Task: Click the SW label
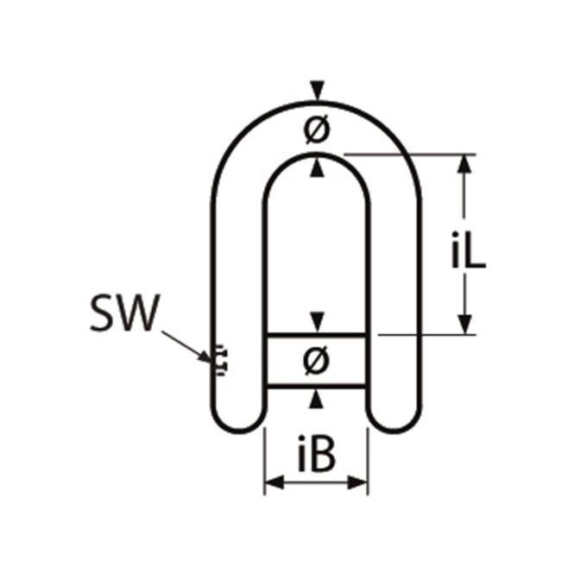pos(125,313)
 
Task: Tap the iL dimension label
pos(468,250)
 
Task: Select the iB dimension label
pos(316,453)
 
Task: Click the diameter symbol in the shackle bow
pos(317,130)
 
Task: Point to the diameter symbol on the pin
pos(317,361)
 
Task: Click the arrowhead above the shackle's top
pos(317,90)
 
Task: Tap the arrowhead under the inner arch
pos(317,168)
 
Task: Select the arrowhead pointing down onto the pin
pos(317,322)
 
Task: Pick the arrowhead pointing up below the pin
pos(317,399)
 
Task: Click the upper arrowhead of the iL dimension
pos(464,164)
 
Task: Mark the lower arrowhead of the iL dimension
pos(464,325)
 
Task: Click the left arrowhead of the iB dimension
pos(274,483)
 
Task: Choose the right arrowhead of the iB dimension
pos(357,483)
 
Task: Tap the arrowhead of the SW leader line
pos(205,356)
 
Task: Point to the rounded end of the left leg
pos(238,421)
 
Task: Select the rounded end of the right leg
pos(395,421)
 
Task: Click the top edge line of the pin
pos(317,335)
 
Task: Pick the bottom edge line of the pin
pos(317,386)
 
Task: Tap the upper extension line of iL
pos(410,155)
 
